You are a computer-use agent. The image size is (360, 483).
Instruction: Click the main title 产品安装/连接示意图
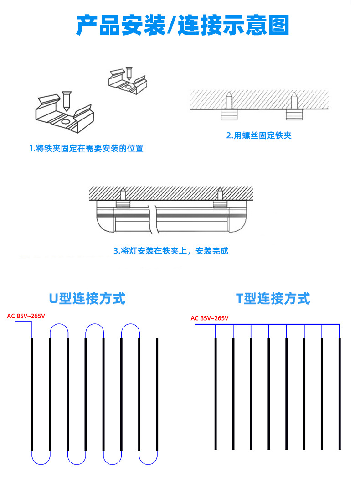(x=182, y=26)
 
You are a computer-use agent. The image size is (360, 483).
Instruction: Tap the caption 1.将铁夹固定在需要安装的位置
(x=86, y=149)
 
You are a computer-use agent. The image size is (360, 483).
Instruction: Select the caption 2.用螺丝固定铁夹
(x=258, y=135)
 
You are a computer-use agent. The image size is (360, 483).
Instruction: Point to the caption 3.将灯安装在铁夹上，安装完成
(x=170, y=251)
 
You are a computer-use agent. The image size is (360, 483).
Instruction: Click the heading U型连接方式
(x=87, y=299)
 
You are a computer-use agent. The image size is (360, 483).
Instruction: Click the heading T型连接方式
(x=273, y=299)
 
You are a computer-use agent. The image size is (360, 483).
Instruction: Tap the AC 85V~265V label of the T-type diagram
(x=209, y=318)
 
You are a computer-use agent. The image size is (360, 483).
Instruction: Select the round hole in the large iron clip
(x=65, y=122)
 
